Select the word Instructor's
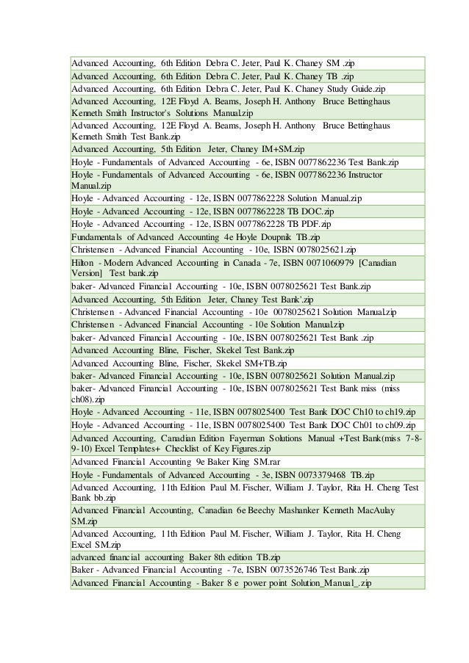coord(140,114)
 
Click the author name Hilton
coord(83,262)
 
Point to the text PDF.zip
coord(310,225)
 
